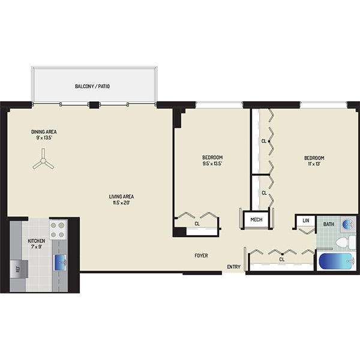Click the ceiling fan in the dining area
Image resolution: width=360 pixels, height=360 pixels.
43,160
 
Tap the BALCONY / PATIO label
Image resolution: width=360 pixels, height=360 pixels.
92,86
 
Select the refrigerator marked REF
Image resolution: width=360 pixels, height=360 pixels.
19,269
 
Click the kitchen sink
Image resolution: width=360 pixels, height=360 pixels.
61,262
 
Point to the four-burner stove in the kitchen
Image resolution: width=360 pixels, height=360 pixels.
58,230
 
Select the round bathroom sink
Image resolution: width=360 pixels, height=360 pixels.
348,223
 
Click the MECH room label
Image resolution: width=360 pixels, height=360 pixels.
256,220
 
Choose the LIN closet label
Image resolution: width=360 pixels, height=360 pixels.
306,221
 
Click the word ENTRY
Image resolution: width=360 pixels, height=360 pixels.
234,267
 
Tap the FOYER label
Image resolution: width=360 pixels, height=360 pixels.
202,256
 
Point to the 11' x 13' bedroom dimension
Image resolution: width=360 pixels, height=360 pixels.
314,164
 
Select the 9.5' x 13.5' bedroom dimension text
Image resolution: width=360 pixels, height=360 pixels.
212,163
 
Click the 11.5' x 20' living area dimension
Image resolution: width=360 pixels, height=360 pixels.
121,203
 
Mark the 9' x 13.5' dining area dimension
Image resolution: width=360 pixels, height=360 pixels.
44,138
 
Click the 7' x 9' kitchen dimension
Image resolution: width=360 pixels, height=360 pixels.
37,247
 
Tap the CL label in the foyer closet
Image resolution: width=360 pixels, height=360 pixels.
282,259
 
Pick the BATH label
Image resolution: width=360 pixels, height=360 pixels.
329,224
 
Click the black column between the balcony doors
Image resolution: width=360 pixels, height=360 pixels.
94,105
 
